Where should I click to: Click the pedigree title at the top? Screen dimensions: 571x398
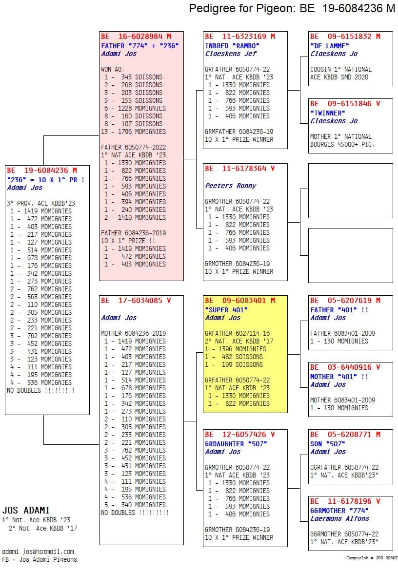(292, 9)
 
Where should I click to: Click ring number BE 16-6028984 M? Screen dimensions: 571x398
(136, 37)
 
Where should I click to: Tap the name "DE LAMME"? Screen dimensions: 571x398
(330, 46)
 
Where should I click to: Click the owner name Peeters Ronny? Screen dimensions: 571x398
(230, 186)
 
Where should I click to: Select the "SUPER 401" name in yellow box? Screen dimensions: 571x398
(226, 310)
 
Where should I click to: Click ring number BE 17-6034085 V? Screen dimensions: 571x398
(136, 301)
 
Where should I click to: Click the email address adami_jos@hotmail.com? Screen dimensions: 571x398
(38, 552)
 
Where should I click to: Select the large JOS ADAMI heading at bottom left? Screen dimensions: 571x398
(26, 510)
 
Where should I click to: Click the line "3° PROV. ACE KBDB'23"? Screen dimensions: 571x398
(41, 203)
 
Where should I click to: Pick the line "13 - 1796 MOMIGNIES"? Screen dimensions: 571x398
(133, 132)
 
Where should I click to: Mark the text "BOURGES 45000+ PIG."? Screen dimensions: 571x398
(342, 144)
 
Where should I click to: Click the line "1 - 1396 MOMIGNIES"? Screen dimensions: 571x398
(236, 349)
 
